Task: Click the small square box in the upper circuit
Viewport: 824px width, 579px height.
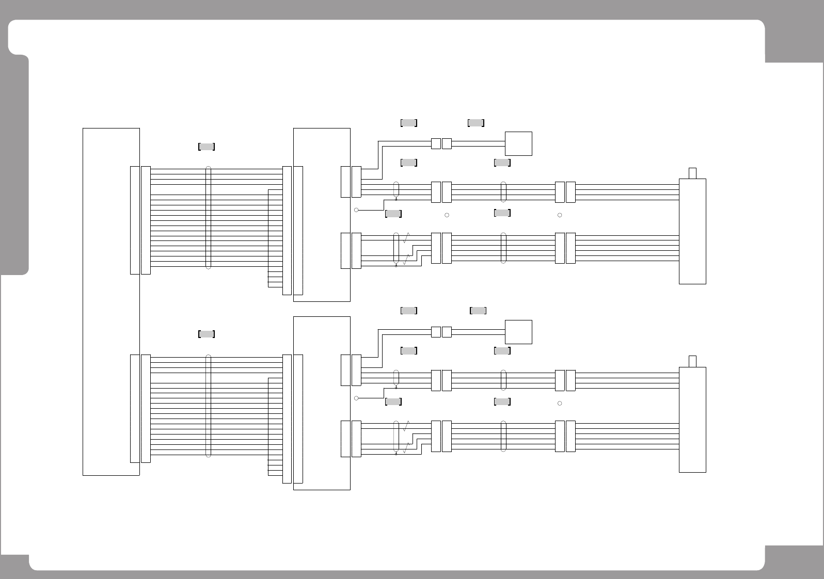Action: pos(518,143)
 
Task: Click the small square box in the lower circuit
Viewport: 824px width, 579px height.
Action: pos(518,332)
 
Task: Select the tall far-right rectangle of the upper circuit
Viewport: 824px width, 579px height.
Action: pos(692,231)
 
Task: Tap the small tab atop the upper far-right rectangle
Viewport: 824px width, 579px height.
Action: pos(692,173)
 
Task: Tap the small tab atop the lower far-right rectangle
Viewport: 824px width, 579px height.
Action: pos(692,361)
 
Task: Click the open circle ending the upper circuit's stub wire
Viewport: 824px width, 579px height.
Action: pos(356,210)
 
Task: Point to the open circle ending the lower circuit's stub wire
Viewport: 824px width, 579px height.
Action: pos(356,398)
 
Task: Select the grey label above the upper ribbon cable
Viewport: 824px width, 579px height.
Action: pos(207,147)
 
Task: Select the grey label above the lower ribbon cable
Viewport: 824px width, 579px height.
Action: pos(207,334)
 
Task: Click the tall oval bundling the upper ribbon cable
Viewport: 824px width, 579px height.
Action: pos(208,218)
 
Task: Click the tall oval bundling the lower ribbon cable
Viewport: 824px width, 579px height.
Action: pos(208,406)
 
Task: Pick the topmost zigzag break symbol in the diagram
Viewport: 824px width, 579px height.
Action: pos(406,238)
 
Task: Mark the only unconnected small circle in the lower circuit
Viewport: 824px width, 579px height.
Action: pos(560,403)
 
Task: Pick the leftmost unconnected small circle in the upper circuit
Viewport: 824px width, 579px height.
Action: pos(447,215)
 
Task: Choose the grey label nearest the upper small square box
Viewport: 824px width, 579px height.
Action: pos(476,123)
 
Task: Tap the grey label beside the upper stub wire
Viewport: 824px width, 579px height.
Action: pos(393,214)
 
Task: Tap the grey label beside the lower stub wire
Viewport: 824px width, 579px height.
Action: pos(393,401)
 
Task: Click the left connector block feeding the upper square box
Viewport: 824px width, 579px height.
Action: pos(436,143)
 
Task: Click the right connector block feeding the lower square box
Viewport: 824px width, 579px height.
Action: pos(447,332)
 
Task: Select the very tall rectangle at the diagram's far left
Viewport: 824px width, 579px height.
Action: pos(111,301)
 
